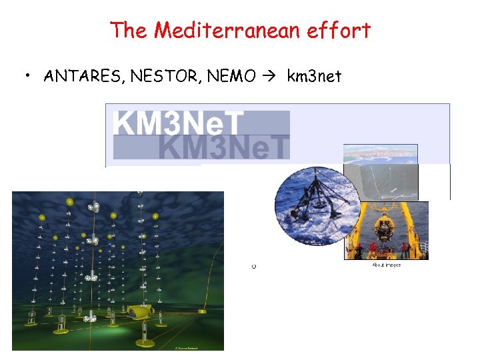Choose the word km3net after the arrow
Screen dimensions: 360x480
pos(314,77)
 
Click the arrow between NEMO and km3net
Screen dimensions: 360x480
pos(269,77)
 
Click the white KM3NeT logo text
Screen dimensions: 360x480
pos(178,122)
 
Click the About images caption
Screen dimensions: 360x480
pos(386,265)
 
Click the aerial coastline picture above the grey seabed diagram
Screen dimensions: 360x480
pos(381,154)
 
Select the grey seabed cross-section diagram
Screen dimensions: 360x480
pos(381,182)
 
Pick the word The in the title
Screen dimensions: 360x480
pos(127,30)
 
